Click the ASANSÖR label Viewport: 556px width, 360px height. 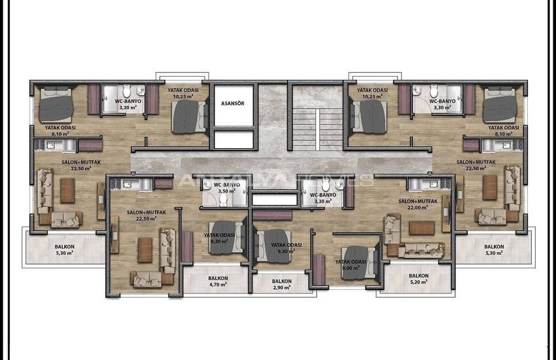[233, 103]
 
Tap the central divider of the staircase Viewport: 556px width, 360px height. [317, 130]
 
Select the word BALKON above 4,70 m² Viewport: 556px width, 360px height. [218, 278]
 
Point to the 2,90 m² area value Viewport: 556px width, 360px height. [282, 287]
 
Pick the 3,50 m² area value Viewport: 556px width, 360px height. [227, 191]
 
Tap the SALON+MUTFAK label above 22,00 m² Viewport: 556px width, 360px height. [418, 201]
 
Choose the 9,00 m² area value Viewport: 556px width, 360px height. [351, 268]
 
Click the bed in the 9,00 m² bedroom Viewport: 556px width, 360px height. [358, 263]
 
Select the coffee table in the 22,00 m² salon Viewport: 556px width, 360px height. [422, 228]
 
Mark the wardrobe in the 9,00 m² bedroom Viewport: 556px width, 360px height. [319, 270]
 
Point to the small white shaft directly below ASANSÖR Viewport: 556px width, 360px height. [234, 140]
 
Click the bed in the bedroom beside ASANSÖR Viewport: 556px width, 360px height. [188, 117]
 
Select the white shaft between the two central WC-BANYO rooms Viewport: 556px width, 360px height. [275, 200]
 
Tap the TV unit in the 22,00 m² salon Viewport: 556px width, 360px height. [445, 213]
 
